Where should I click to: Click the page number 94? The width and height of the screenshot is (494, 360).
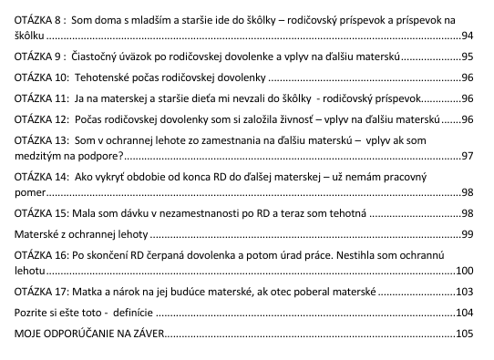tap(468, 36)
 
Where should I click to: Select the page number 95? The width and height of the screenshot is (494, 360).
tap(468, 57)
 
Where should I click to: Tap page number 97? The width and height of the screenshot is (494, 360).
tap(468, 156)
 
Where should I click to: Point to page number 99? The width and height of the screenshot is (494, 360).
tap(468, 235)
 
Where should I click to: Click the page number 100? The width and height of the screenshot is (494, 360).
tap(465, 271)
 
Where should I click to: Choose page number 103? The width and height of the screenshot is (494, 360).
tap(465, 293)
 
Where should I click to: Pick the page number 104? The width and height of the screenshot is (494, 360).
tap(465, 313)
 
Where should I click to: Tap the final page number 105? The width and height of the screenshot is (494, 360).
tap(465, 334)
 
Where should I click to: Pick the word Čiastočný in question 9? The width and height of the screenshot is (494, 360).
tap(102, 57)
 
